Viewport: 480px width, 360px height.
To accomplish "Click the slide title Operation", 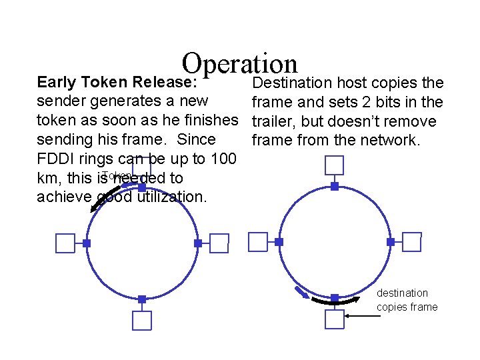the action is tap(239, 64).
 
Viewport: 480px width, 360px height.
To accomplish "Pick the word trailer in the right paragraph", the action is tap(272, 121).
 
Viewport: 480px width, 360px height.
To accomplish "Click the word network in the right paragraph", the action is tap(411, 141).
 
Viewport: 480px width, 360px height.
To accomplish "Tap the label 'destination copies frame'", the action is tap(407, 300).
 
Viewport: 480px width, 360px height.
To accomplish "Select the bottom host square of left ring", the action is tap(141, 320).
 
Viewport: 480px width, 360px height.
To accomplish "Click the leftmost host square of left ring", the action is tap(65, 244).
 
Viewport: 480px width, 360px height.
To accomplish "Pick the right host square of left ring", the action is tap(219, 243).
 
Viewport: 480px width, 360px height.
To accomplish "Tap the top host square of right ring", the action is tap(334, 165).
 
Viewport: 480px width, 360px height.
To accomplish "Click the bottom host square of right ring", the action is tap(334, 319).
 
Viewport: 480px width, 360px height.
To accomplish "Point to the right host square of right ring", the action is tap(412, 242).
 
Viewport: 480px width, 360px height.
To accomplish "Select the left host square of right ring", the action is tap(257, 242).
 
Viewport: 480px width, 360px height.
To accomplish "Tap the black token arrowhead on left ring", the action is tap(95, 208).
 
